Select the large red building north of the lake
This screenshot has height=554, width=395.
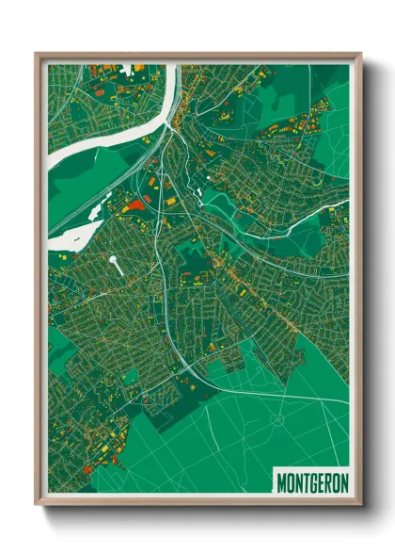click(137, 205)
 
